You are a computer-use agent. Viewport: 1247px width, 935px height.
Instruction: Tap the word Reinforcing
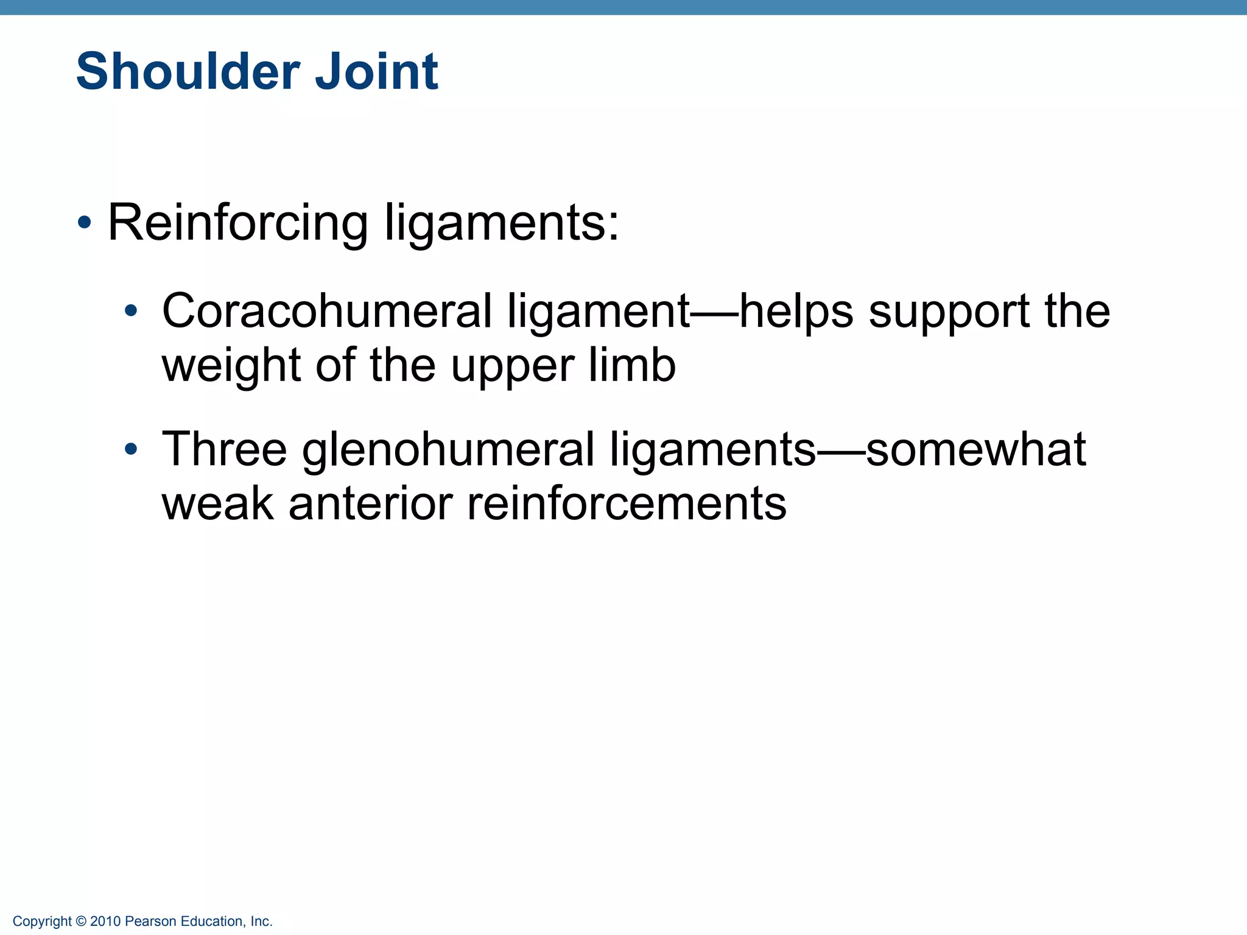point(237,223)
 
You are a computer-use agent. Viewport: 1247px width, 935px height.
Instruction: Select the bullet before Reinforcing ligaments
point(85,223)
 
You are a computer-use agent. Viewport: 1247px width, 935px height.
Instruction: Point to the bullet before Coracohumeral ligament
point(131,312)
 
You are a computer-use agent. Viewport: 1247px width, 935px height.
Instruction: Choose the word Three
point(224,449)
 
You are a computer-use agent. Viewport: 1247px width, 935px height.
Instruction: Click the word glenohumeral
point(448,450)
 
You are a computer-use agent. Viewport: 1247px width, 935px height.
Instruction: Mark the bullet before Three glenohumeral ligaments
point(131,450)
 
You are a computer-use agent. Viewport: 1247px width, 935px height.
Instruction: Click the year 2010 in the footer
point(105,922)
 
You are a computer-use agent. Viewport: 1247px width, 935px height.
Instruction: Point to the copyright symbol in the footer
point(81,922)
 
